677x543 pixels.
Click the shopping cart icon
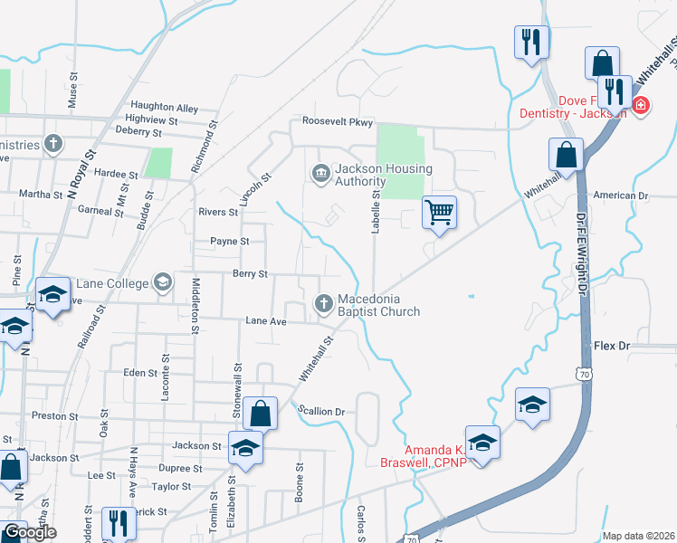point(439,213)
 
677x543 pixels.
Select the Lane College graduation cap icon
point(162,283)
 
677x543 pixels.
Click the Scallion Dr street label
point(322,411)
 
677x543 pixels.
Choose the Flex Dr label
point(611,346)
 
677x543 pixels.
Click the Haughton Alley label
point(164,108)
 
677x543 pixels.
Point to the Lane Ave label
point(266,321)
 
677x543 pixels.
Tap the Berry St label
point(250,273)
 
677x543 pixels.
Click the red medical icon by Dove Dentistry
point(642,106)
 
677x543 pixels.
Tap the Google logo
point(30,532)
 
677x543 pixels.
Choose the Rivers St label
point(217,213)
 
